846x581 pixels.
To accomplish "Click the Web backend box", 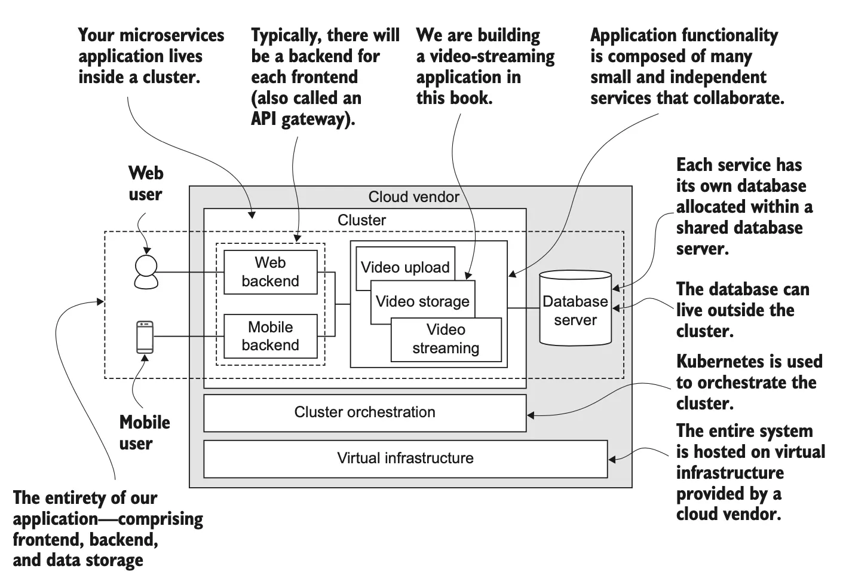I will [x=270, y=272].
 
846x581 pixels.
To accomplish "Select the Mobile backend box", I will [x=270, y=337].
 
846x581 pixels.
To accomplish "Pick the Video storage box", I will [x=422, y=302].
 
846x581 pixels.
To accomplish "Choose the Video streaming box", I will [x=446, y=340].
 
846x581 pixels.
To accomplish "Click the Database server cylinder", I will [x=575, y=310].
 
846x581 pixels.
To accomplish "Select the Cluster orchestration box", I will [x=364, y=412].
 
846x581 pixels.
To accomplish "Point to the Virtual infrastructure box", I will [x=405, y=458].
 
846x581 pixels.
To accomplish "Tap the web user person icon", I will [x=146, y=272].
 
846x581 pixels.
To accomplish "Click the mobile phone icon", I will [x=145, y=337].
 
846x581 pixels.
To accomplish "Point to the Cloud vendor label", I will [x=413, y=197].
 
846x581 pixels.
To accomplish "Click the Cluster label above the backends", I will [x=361, y=220].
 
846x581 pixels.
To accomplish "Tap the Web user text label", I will [x=145, y=184].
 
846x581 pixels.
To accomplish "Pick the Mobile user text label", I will [x=144, y=433].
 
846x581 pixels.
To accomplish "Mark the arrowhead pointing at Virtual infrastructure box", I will [x=612, y=459].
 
